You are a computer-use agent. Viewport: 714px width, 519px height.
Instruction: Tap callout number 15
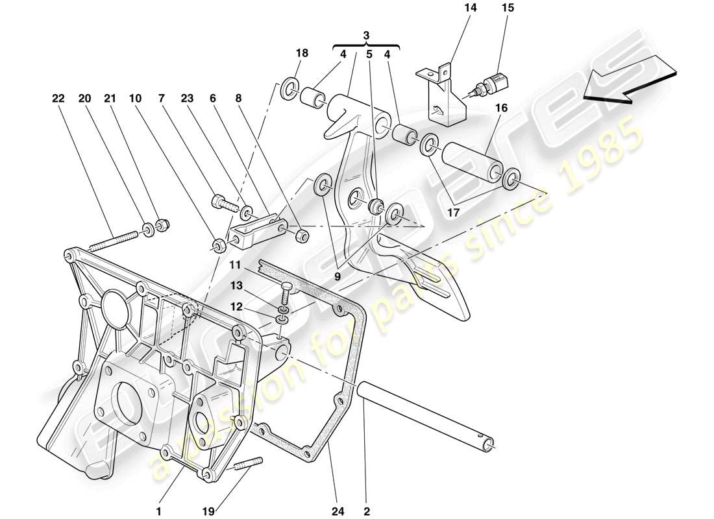[x=507, y=8]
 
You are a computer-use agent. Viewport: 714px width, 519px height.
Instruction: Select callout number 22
[x=59, y=99]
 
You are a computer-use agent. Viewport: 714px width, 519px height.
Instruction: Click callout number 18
[x=302, y=53]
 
